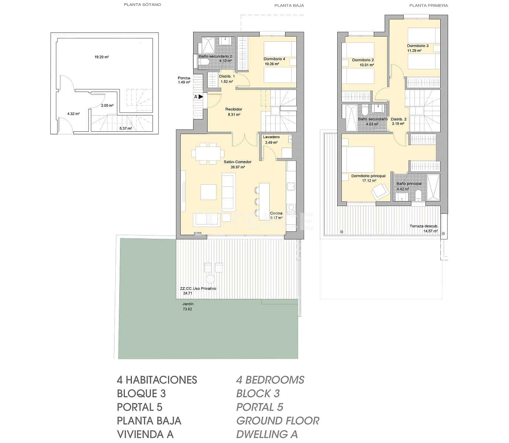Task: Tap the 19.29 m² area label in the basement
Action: (x=102, y=57)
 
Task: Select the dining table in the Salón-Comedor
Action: (x=208, y=153)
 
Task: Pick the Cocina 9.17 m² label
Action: (x=276, y=216)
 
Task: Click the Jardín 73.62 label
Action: (x=188, y=306)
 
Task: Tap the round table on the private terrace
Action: (x=210, y=279)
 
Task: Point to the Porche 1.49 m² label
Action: (x=184, y=80)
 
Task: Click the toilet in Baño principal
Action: (x=419, y=195)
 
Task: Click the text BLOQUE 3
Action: (x=141, y=394)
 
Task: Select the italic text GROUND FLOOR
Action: (x=277, y=420)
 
